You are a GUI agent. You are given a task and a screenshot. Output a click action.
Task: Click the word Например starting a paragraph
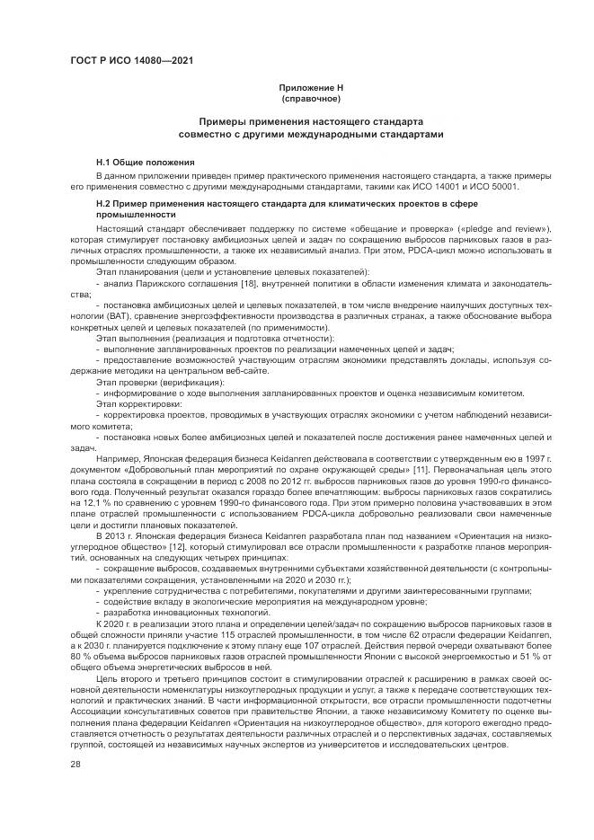(119, 459)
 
